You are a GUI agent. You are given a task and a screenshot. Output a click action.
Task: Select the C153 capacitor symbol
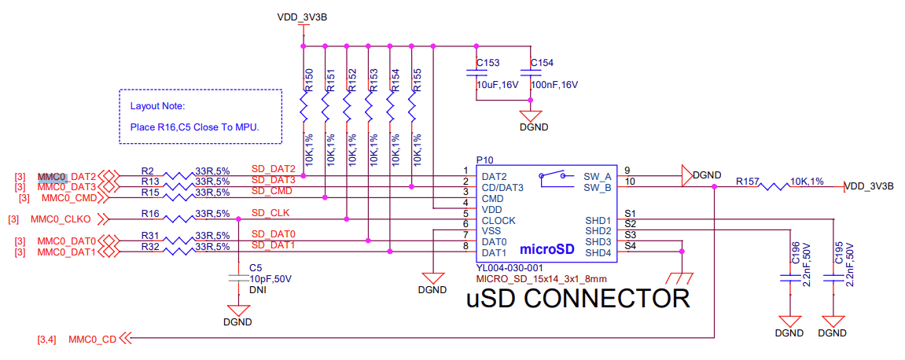click(476, 73)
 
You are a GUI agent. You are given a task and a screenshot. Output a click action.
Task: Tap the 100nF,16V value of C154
click(554, 85)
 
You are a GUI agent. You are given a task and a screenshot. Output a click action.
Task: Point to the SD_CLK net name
click(270, 213)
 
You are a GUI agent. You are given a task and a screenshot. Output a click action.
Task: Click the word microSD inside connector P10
click(546, 249)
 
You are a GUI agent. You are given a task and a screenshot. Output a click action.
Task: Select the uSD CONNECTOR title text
click(578, 299)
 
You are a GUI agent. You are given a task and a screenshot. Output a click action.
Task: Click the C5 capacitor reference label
click(255, 268)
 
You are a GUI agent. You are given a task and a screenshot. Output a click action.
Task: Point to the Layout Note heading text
click(156, 106)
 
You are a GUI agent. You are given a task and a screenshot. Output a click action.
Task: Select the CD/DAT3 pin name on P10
click(503, 187)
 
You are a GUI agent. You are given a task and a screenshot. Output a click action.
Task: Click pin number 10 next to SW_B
click(629, 182)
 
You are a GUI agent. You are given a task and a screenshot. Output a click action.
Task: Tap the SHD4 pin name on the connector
click(598, 252)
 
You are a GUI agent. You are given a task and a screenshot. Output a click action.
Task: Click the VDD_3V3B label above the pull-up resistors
click(303, 17)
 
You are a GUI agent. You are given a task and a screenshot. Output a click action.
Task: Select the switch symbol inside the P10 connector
click(555, 178)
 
